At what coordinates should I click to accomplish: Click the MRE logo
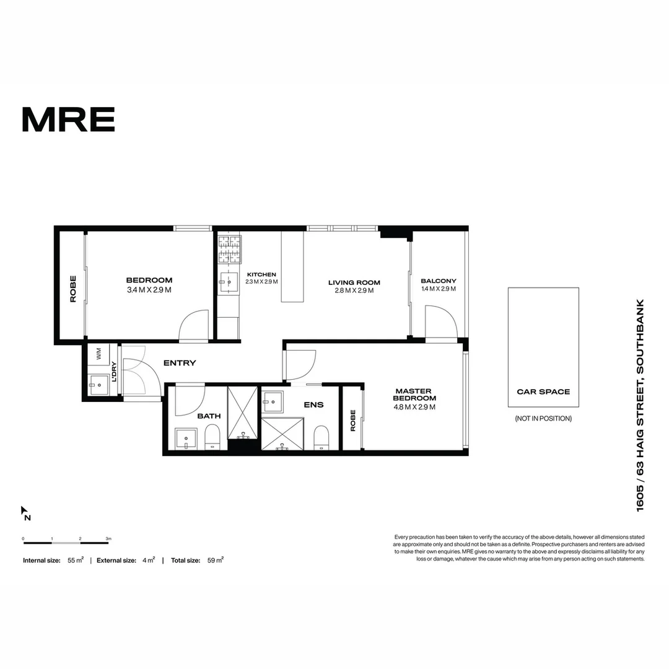(x=68, y=120)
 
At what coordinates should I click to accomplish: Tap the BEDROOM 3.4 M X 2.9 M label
(x=149, y=285)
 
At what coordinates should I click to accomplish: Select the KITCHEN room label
(x=261, y=278)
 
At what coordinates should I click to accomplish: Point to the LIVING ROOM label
(x=354, y=286)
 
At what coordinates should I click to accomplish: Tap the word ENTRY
(x=179, y=363)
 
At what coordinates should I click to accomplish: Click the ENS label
(x=313, y=405)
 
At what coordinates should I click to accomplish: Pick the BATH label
(x=209, y=416)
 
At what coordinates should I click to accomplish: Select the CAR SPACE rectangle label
(x=543, y=391)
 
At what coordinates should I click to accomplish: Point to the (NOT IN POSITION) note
(x=543, y=419)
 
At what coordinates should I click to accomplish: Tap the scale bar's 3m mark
(x=108, y=539)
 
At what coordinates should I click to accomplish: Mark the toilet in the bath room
(x=212, y=435)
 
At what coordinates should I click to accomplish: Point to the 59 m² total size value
(x=216, y=560)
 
